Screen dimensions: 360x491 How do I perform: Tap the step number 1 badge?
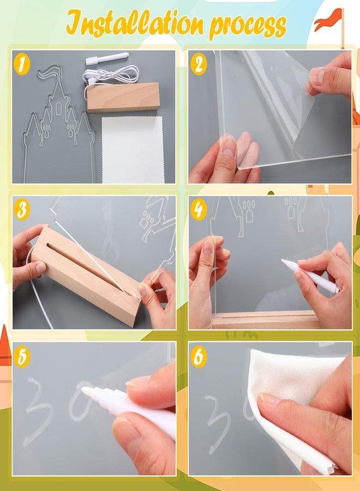coord(22,65)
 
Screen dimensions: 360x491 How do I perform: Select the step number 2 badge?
coord(199,64)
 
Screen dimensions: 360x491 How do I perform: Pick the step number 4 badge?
coord(198,209)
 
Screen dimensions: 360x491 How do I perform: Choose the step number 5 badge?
coord(22,356)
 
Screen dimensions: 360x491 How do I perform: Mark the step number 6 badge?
coord(199,356)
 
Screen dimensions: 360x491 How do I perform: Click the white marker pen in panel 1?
coord(107,58)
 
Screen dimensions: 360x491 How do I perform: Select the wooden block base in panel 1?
coord(123,97)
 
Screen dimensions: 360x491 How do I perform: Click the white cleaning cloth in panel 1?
coord(133,150)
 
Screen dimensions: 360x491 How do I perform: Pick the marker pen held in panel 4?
coord(310,276)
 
